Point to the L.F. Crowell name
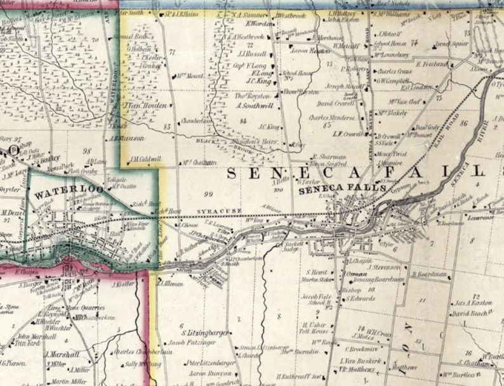point(347,134)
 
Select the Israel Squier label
point(451,44)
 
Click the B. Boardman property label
point(430,274)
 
